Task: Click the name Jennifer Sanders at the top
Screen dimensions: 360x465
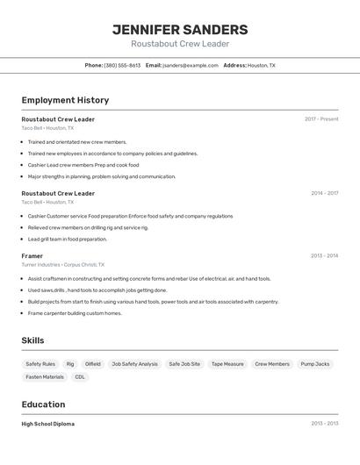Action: pos(180,30)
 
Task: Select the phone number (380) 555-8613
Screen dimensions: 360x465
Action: pos(122,65)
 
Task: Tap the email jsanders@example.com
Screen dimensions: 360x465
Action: pos(191,65)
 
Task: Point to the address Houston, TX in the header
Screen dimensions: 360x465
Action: pos(261,65)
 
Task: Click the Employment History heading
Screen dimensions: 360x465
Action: pos(65,100)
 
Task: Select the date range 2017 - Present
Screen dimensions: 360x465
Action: pos(321,119)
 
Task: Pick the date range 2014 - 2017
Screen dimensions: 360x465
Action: pos(324,193)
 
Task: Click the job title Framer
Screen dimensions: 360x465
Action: pos(32,256)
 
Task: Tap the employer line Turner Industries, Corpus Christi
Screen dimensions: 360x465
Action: pos(62,264)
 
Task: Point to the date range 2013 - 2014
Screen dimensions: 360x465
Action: pos(324,256)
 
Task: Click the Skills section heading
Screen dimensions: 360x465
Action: pos(32,340)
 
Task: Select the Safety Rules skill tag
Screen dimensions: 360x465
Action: pos(40,364)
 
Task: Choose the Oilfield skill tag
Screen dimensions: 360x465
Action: pos(92,364)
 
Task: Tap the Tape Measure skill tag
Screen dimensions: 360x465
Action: pos(227,364)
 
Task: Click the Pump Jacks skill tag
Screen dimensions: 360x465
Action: pos(315,364)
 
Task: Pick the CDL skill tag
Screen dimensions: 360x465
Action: pos(80,377)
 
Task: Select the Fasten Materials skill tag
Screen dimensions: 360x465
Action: pos(45,377)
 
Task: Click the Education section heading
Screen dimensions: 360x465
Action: pos(43,404)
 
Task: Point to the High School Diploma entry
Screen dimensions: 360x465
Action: pos(48,424)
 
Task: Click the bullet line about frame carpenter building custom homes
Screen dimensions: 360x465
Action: pos(75,313)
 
